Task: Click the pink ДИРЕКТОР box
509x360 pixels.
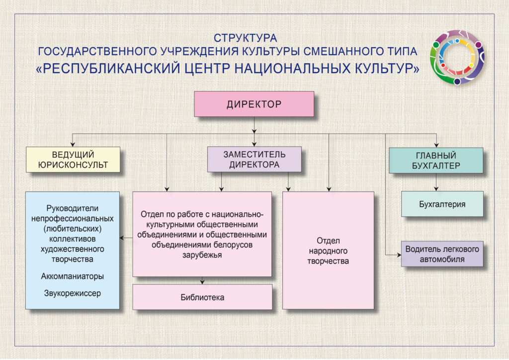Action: pos(254,104)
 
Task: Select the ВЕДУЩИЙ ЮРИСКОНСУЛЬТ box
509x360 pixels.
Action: pos(73,160)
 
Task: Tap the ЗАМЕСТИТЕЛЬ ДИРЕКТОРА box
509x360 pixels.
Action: pos(254,159)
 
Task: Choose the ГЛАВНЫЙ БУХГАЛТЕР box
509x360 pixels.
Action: pos(436,161)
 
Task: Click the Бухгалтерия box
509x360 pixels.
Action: pos(442,204)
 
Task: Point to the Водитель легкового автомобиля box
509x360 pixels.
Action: pos(442,254)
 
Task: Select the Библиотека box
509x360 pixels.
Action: pos(202,297)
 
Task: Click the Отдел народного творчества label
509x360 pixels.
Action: pos(328,251)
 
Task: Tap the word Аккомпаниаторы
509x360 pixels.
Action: pos(73,276)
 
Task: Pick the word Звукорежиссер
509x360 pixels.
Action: pos(73,293)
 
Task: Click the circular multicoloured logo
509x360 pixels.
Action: pos(457,57)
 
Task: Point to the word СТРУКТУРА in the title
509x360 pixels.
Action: pos(245,38)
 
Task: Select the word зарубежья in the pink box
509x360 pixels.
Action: pos(202,255)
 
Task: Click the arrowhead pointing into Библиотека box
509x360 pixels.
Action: pos(202,282)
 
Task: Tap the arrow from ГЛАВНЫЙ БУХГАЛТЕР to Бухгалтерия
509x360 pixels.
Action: pos(436,182)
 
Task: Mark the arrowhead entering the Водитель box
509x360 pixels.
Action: pos(399,255)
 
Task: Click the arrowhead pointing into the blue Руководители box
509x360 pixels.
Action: pos(122,238)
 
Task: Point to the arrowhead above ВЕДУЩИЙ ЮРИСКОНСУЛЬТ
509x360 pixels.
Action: pos(73,144)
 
